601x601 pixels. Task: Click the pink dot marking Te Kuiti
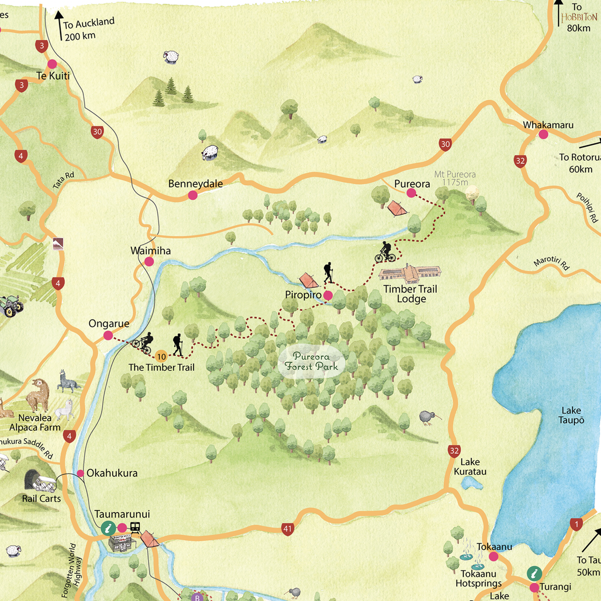(x=52, y=64)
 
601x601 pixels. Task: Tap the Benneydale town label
(x=195, y=184)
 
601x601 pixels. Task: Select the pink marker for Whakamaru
(x=543, y=134)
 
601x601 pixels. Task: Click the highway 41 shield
(x=287, y=529)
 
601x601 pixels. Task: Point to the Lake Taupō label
(x=571, y=415)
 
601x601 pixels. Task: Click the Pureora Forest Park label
(x=312, y=362)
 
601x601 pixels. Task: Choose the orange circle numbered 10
(x=161, y=357)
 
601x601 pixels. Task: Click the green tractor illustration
(x=11, y=306)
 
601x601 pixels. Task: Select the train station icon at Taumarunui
(x=135, y=527)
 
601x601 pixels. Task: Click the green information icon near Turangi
(x=534, y=573)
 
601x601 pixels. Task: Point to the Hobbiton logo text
(x=579, y=18)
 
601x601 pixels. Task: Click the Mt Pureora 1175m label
(x=455, y=178)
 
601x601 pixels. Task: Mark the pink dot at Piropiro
(x=328, y=295)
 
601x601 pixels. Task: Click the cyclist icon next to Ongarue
(x=143, y=343)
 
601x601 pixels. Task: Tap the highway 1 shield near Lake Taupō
(x=576, y=524)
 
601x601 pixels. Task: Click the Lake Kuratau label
(x=470, y=467)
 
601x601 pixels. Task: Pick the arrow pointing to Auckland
(x=59, y=25)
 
